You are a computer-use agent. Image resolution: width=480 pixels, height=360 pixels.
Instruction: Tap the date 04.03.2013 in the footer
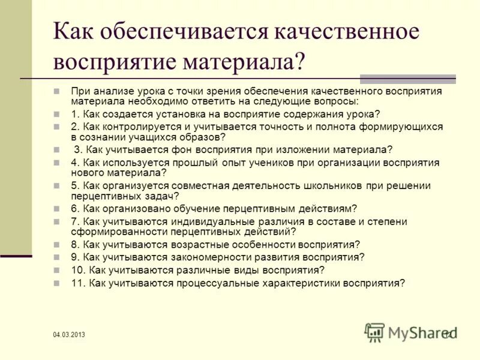click(x=68, y=335)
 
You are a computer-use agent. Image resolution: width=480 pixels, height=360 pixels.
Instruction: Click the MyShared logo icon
click(x=374, y=331)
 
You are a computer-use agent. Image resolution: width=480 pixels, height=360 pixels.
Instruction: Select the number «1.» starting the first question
click(x=74, y=113)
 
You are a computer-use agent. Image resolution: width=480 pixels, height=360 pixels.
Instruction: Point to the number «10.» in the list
click(x=77, y=269)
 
